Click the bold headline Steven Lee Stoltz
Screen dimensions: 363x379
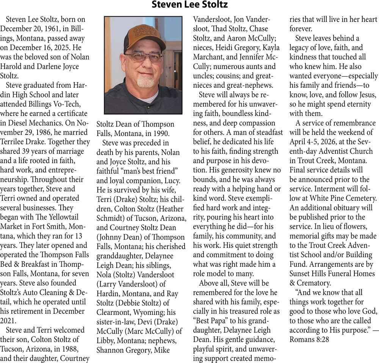click(x=189, y=5)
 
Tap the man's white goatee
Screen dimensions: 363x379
click(x=145, y=81)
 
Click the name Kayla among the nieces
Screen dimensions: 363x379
click(x=269, y=48)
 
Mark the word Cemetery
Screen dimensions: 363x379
click(x=362, y=198)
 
